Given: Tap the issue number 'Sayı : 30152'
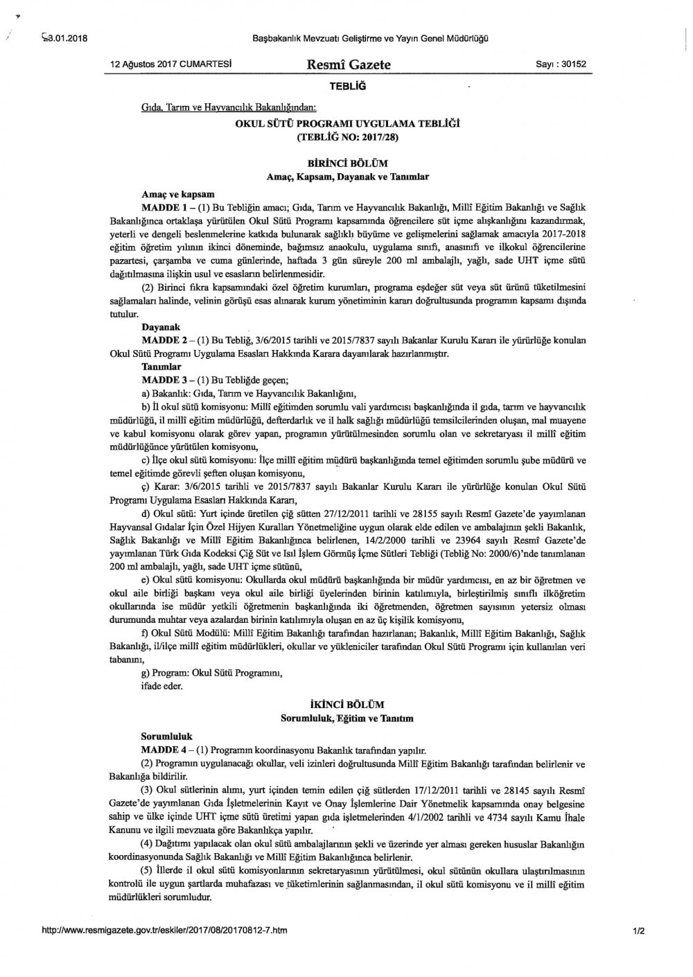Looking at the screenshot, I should click(561, 64).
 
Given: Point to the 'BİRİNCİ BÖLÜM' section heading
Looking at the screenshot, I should click(349, 164).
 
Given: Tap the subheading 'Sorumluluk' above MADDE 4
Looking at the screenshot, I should click(167, 736).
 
